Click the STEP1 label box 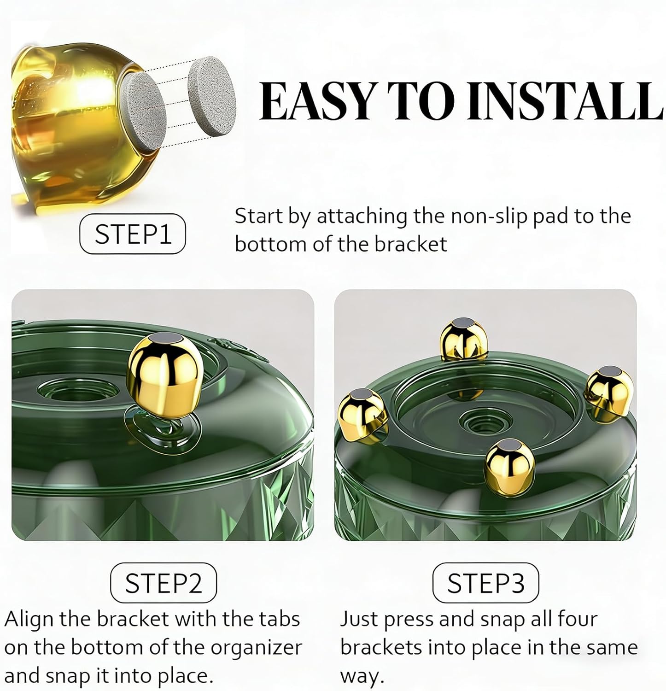tap(133, 234)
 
